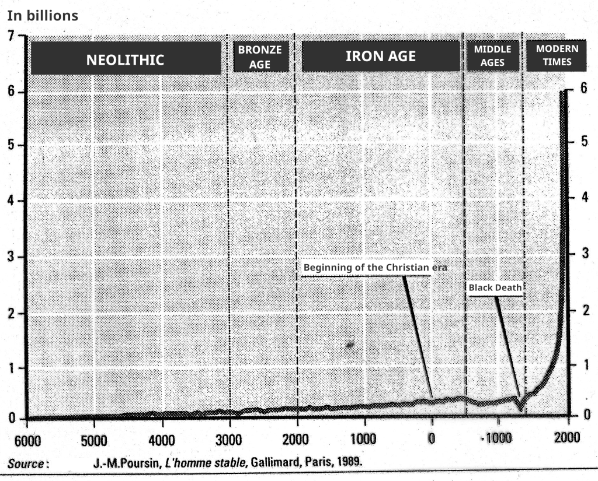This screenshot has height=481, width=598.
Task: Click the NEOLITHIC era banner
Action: coord(126,59)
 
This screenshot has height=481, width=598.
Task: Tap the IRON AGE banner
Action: coord(380,57)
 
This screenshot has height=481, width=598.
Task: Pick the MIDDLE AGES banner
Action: coord(492,56)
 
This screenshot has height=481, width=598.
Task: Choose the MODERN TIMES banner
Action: coord(557,55)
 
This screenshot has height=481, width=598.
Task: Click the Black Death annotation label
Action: coord(495,287)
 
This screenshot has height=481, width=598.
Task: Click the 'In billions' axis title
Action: coord(42,16)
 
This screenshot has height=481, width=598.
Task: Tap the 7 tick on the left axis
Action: coord(12,37)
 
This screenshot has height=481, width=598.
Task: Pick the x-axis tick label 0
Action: coord(432,439)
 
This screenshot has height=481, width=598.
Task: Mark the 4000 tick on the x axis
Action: coord(162,439)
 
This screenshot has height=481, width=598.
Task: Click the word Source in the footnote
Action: coord(26,465)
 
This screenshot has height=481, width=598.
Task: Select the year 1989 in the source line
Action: coord(350,464)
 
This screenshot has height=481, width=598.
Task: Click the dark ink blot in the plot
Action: coord(350,345)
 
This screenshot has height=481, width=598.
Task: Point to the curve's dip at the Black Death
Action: coord(520,408)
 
